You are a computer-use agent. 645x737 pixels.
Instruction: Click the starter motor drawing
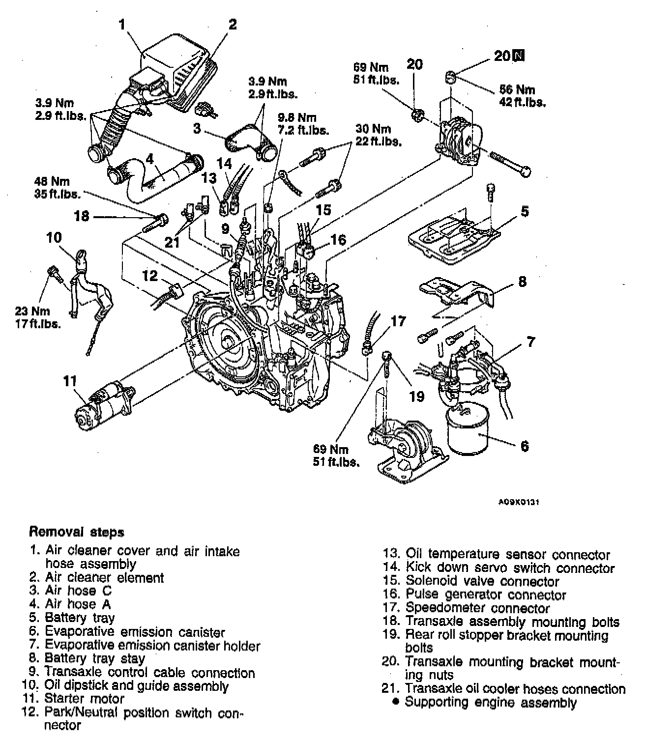pyautogui.click(x=105, y=407)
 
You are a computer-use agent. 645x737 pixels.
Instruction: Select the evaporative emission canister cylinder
pyautogui.click(x=468, y=431)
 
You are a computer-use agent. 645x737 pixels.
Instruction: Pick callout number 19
pyautogui.click(x=416, y=397)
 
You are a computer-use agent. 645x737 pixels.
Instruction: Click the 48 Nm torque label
pyautogui.click(x=52, y=181)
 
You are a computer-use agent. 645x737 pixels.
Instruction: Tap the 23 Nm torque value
pyautogui.click(x=32, y=311)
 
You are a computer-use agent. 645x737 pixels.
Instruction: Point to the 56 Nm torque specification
pyautogui.click(x=517, y=90)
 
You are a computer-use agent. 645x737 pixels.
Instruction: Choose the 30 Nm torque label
pyautogui.click(x=373, y=129)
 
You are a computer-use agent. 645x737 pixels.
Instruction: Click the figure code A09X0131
pyautogui.click(x=519, y=502)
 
